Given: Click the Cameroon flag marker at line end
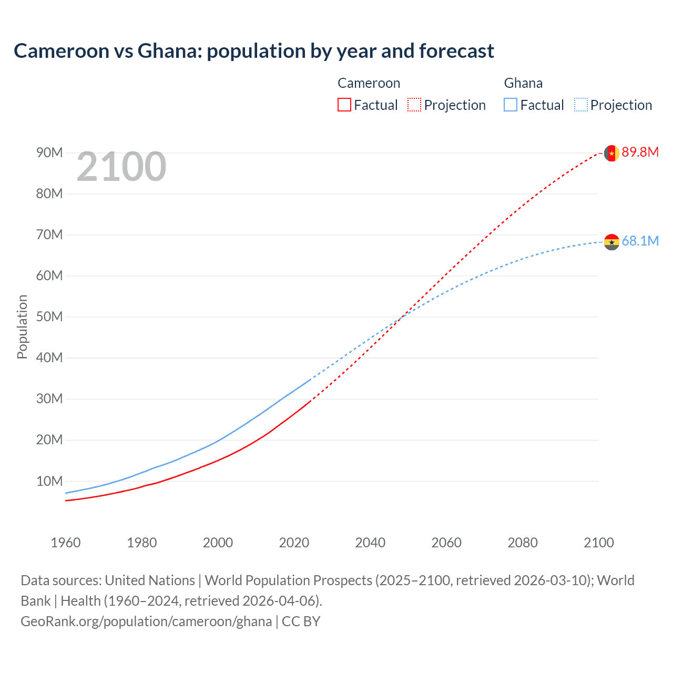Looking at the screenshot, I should tap(611, 153).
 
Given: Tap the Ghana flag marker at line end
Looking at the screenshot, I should tap(611, 242).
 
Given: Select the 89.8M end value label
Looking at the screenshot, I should tap(640, 152).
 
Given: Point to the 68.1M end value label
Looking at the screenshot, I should tap(640, 241).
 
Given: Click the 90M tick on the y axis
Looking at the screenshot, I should tap(49, 153).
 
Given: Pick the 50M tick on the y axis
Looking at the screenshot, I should tap(49, 317).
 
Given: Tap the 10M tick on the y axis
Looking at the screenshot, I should tap(49, 481).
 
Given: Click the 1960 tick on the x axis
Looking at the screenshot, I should tap(66, 543).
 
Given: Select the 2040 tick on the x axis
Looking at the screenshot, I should tap(370, 543).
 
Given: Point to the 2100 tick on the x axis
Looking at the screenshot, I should tap(598, 543).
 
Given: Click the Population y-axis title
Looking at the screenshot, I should tap(22, 327).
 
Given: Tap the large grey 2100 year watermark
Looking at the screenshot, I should tap(121, 167).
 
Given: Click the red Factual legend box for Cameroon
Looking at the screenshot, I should tap(344, 105).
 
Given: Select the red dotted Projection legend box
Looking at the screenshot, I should tap(414, 105).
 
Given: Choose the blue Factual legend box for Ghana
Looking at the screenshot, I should tap(511, 105).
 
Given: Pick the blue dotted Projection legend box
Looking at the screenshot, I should tap(581, 105).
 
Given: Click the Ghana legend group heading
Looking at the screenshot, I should tap(523, 83).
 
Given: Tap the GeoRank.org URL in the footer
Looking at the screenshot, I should tap(146, 621).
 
